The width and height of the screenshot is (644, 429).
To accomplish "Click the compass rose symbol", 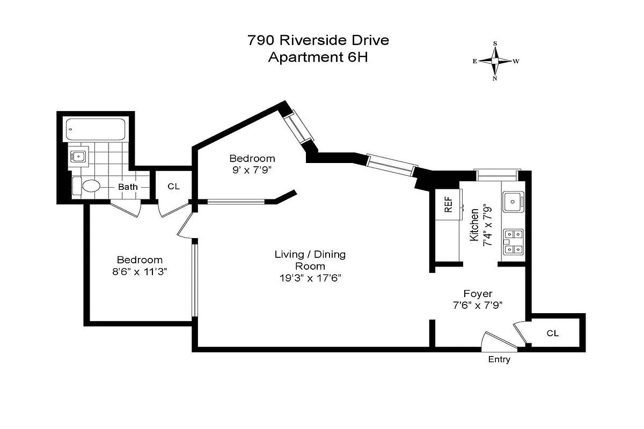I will pyautogui.click(x=495, y=61).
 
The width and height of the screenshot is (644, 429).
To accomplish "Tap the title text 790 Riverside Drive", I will pyautogui.click(x=318, y=40).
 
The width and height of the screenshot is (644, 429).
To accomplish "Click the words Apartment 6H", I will pyautogui.click(x=318, y=57).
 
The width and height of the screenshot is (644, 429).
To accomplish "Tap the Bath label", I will pyautogui.click(x=128, y=187).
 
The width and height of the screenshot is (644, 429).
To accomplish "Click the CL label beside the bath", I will pyautogui.click(x=173, y=187).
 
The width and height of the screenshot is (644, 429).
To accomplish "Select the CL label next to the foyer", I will pyautogui.click(x=552, y=333).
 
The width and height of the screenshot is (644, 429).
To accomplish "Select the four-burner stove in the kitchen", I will pyautogui.click(x=513, y=241).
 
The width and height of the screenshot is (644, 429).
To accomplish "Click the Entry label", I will pyautogui.click(x=499, y=360).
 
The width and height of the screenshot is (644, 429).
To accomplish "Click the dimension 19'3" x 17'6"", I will pyautogui.click(x=310, y=278).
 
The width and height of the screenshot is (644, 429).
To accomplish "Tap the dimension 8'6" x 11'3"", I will pyautogui.click(x=140, y=271).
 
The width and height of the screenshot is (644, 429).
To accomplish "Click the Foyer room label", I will pyautogui.click(x=477, y=293).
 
